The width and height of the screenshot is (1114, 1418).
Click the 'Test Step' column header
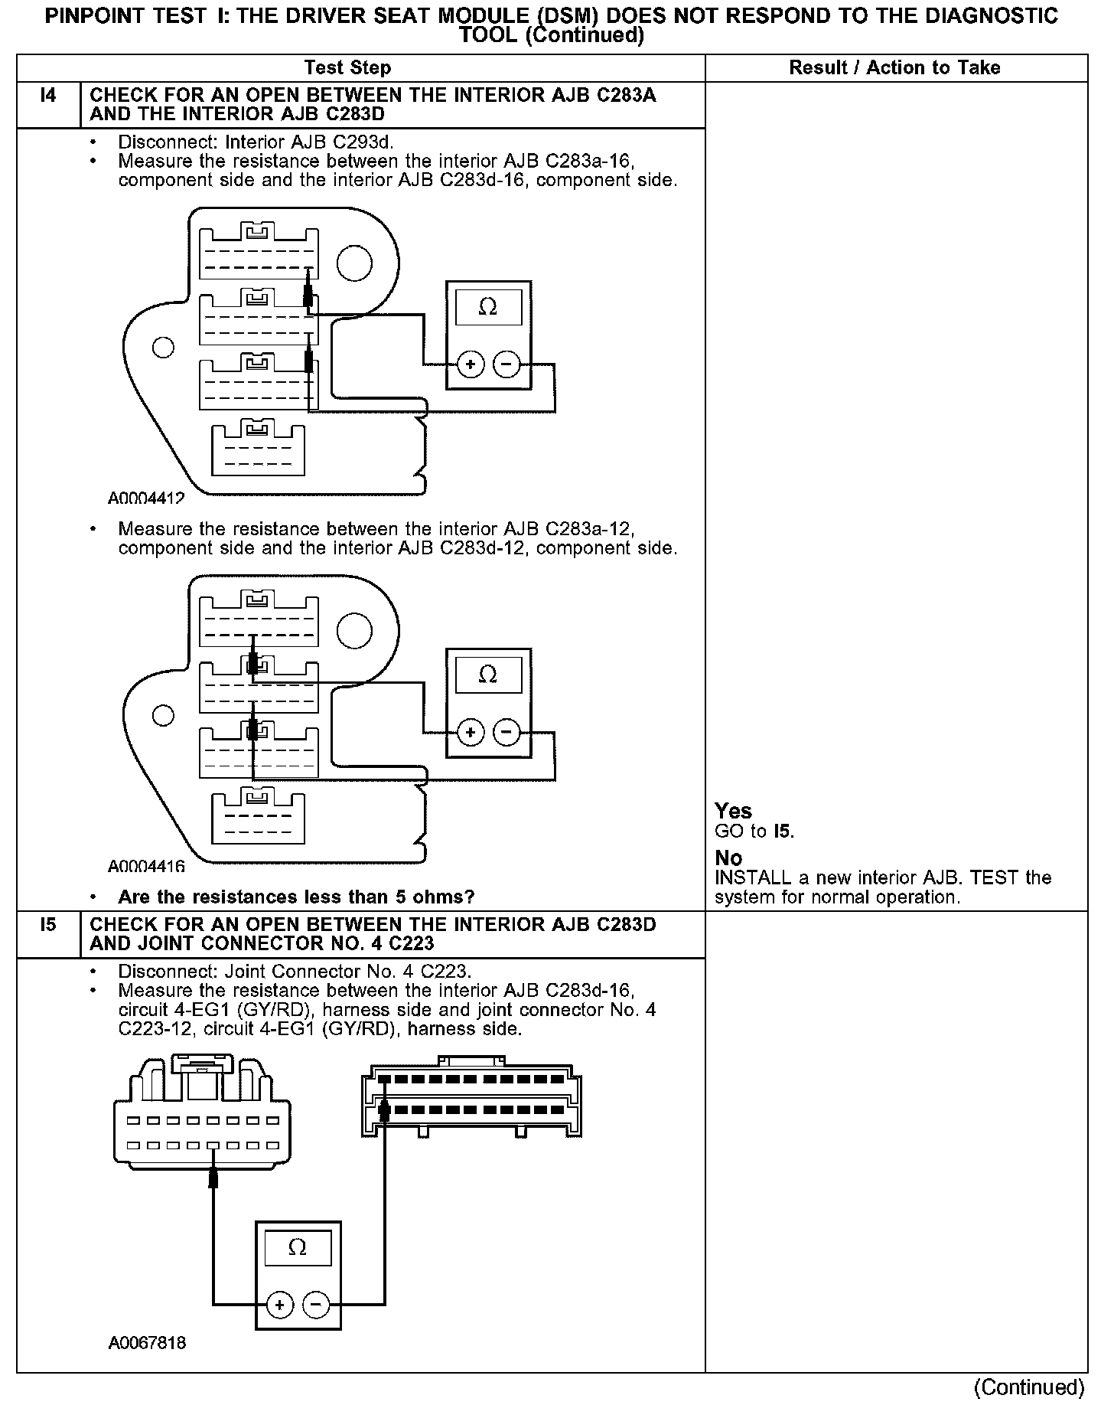point(347,67)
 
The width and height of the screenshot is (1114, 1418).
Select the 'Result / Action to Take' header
point(894,67)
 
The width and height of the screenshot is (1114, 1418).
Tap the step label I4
point(47,96)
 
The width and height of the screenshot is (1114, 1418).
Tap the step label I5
point(47,924)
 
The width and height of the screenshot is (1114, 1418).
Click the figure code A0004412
point(146,498)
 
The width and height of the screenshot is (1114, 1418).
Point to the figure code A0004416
point(146,866)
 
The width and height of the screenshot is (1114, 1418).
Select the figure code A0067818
point(147,1343)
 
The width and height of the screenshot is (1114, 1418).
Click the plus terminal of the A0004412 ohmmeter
point(470,364)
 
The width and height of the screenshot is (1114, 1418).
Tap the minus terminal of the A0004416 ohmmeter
point(506,732)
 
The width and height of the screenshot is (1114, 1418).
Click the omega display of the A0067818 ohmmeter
point(298,1247)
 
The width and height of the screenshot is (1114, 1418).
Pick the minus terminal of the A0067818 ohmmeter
point(316,1304)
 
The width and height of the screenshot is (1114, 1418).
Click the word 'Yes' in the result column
point(733,811)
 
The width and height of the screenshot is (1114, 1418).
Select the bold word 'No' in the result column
point(728,858)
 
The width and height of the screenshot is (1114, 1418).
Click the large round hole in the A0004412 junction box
point(354,264)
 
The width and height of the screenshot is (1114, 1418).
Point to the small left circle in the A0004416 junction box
point(162,715)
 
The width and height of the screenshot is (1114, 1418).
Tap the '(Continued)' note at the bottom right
point(1028,1387)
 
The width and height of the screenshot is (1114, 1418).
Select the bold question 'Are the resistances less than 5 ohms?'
point(296,897)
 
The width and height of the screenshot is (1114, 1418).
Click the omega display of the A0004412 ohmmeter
point(487,307)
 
